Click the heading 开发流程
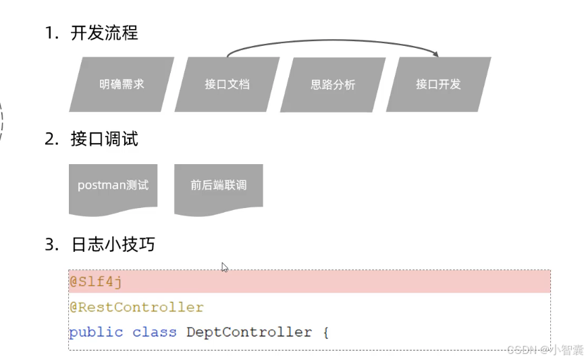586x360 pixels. point(104,33)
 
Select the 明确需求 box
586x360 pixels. point(122,84)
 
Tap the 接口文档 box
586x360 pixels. point(228,84)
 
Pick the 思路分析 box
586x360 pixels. point(333,85)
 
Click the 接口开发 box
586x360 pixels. point(438,84)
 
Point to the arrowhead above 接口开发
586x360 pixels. point(436,55)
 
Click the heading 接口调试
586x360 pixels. point(104,139)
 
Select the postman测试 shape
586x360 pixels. point(113,185)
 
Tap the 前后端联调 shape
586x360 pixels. point(218,185)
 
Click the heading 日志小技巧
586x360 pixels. point(113,244)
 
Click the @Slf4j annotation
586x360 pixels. point(95,282)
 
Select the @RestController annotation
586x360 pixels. point(136,307)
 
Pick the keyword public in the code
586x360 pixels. point(96,332)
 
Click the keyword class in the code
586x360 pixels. point(154,332)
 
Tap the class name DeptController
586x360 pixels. point(249,332)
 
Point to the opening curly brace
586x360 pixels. point(325,332)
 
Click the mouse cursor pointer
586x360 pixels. point(224,267)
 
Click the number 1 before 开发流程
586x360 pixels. point(49,33)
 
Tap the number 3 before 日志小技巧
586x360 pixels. point(49,244)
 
